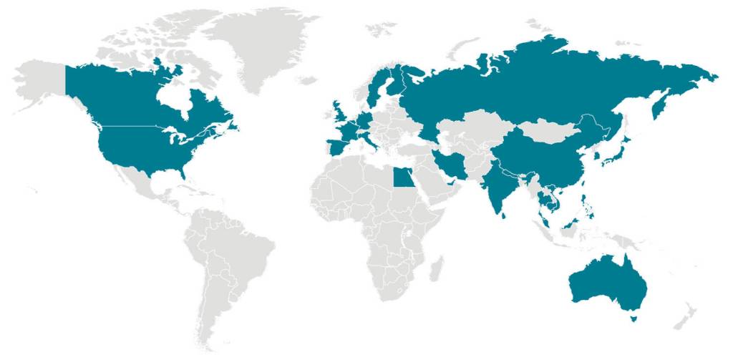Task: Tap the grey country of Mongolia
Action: click(551, 131)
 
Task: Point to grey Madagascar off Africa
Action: click(434, 268)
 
